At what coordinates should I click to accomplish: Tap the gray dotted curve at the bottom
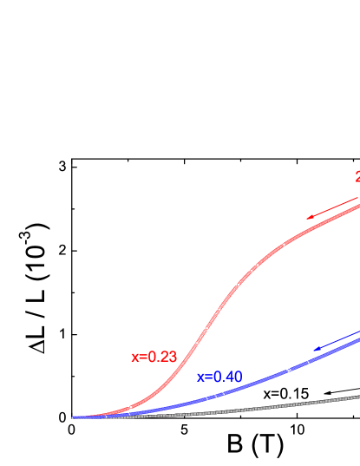click(x=260, y=407)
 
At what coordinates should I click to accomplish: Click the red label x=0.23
click(x=154, y=357)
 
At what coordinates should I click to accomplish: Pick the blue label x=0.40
click(x=219, y=377)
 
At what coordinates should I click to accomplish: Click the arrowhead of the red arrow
click(x=309, y=217)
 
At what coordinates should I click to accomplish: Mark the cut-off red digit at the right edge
click(x=357, y=177)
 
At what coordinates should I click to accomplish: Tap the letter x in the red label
click(x=134, y=358)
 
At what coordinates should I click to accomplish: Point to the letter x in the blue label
click(x=200, y=378)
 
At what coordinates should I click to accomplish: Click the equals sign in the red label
click(x=142, y=358)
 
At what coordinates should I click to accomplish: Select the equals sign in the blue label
click(x=208, y=378)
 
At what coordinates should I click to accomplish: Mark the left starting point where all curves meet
click(x=74, y=417)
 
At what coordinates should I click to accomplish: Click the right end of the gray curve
click(x=358, y=397)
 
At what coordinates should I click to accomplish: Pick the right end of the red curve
click(x=358, y=203)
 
